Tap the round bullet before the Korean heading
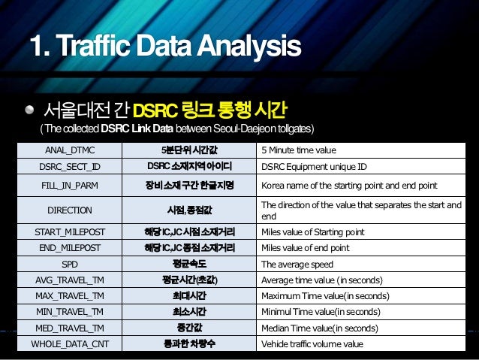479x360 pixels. [x=29, y=110]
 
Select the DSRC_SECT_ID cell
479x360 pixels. [x=70, y=165]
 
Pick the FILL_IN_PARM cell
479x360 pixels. [x=70, y=185]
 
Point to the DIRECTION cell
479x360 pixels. [x=70, y=210]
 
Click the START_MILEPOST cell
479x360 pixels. [x=70, y=232]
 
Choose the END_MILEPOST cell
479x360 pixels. [x=70, y=248]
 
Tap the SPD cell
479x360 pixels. [x=70, y=265]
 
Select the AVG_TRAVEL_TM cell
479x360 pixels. [x=70, y=280]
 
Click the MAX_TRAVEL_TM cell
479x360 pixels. [x=70, y=296]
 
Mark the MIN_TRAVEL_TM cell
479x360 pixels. [x=70, y=312]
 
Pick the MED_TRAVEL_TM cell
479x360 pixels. [x=70, y=328]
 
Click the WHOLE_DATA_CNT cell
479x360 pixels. [x=70, y=344]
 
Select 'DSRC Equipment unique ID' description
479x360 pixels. [x=314, y=165]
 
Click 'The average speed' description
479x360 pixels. [x=297, y=265]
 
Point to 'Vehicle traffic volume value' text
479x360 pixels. [x=312, y=344]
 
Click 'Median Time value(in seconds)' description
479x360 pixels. [x=319, y=328]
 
